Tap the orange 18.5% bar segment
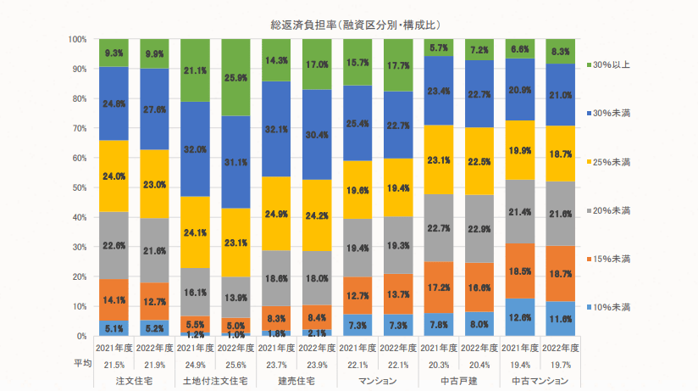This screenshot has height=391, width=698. coord(523,271)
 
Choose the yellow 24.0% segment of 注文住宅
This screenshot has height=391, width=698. coord(114,176)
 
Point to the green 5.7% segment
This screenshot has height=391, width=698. coord(440,47)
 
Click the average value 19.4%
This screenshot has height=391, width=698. coord(522,364)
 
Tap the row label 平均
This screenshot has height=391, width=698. coord(80,364)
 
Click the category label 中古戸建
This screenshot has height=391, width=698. coord(461,381)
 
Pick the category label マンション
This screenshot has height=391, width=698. coord(379,381)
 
